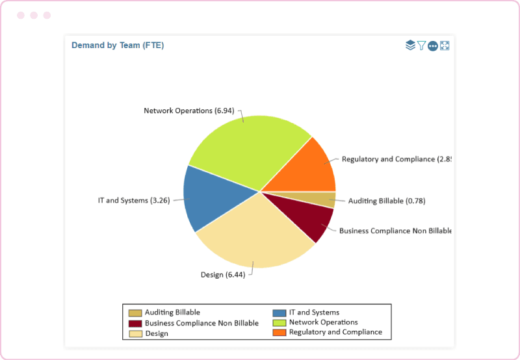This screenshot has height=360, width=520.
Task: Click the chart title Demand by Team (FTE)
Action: [117, 45]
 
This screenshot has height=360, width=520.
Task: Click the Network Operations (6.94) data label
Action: [188, 110]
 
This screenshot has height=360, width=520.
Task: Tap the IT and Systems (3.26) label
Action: [133, 200]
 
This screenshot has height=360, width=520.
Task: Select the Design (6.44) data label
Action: [222, 275]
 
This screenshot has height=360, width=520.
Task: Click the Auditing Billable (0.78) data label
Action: [387, 201]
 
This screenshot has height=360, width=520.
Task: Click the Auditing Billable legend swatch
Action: [135, 313]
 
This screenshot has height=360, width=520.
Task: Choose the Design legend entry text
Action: [157, 333]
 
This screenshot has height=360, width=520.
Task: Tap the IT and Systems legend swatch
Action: [279, 313]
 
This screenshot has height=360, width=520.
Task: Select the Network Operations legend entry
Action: [323, 322]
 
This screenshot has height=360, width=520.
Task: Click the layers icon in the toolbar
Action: [410, 45]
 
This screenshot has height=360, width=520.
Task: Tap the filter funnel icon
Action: [421, 45]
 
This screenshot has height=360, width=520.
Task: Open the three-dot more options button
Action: [433, 45]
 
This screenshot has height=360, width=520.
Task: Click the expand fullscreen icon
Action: [445, 45]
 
